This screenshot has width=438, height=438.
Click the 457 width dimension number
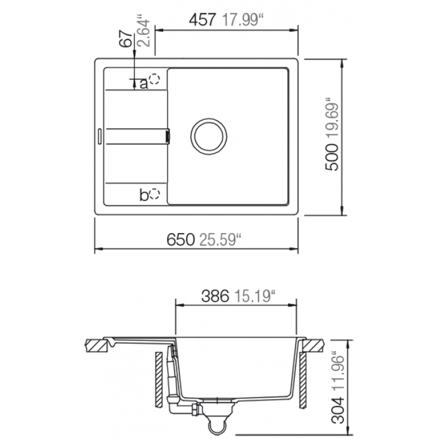(203, 20)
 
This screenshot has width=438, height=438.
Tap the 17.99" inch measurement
(242, 20)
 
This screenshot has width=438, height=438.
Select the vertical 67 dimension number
(126, 39)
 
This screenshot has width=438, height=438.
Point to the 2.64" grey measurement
(145, 33)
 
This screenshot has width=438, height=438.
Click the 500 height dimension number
(332, 157)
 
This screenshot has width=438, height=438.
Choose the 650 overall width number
(180, 239)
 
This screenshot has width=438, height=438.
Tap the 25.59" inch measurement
(220, 239)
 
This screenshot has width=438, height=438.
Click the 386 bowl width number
(215, 296)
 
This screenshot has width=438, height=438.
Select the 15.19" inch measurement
(255, 296)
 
